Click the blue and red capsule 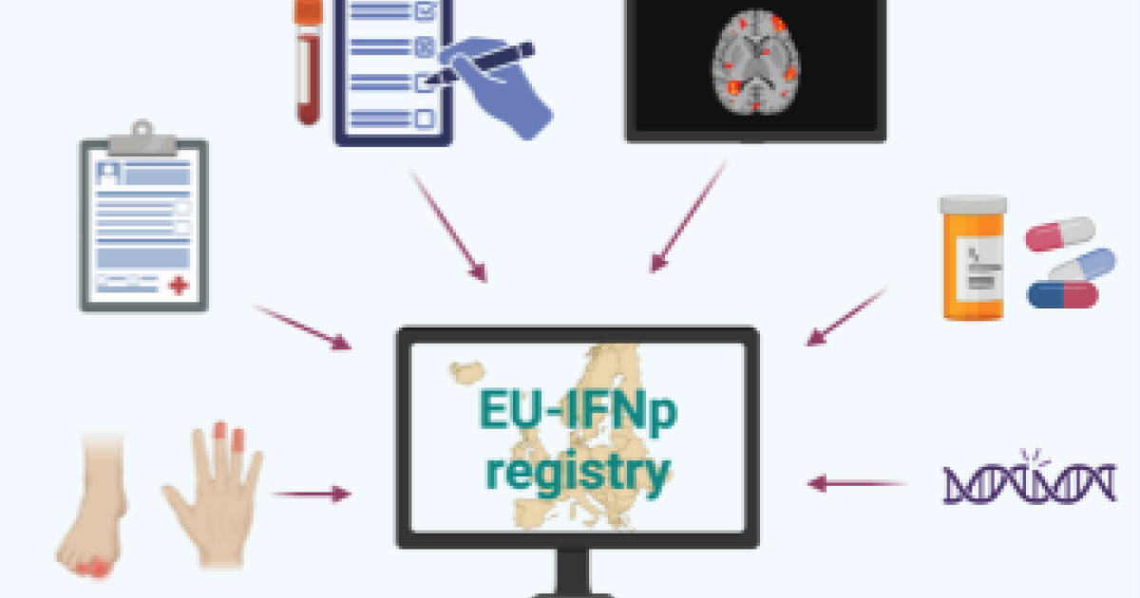tap(1061, 294)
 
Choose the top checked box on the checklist tap(426, 11)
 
